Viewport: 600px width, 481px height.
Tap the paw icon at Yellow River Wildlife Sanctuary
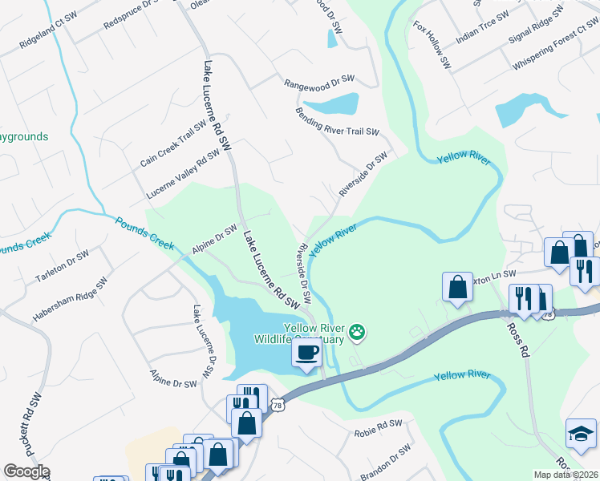pos(357,331)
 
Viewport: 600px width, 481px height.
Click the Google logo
pos(26,471)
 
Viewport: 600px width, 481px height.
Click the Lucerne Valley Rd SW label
pos(183,174)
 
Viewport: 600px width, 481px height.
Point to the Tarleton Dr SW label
pos(61,267)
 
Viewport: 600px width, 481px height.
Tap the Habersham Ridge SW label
pos(70,301)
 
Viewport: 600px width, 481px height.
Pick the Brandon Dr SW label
pos(386,463)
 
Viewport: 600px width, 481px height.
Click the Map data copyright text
pos(566,475)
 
